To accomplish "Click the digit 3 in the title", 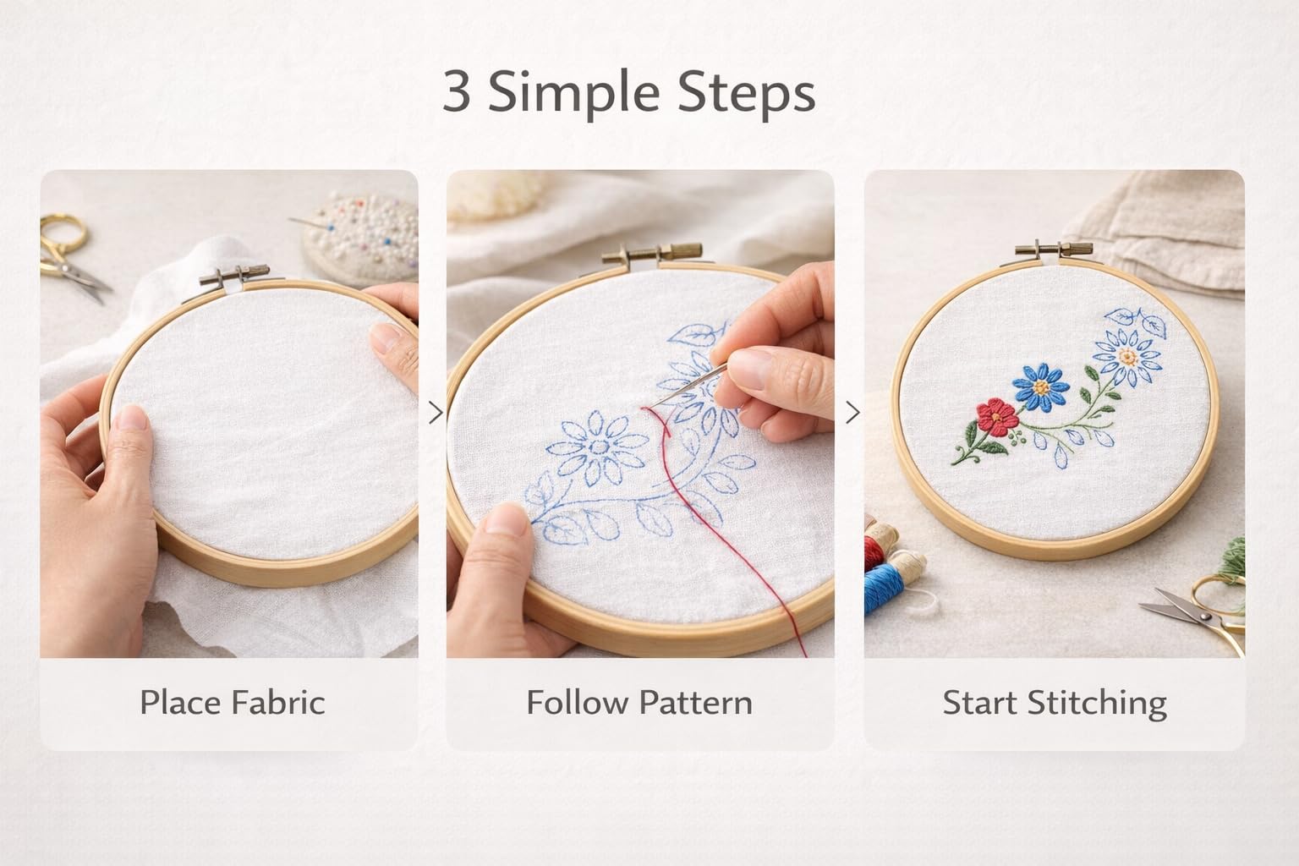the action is [456, 91].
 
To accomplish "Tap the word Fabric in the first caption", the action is [277, 703].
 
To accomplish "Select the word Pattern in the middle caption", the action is [695, 703].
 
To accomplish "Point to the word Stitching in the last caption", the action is [1097, 705].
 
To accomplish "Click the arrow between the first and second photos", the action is [436, 413].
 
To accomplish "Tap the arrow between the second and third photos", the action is [852, 413].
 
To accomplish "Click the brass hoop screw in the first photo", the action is [235, 276].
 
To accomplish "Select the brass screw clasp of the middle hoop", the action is [652, 254].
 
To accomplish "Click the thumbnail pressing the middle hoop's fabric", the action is [506, 519].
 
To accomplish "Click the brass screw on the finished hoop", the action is [1054, 250].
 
